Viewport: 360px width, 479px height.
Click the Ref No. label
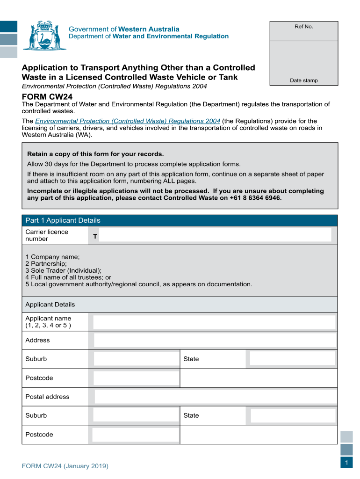coord(303,27)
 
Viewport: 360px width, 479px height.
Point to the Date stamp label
coord(303,80)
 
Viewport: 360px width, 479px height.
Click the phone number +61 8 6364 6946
coord(255,197)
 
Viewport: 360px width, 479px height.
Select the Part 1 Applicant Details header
coord(63,220)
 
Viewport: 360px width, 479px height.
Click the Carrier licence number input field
coord(215,235)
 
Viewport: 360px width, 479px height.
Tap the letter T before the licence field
coord(95,237)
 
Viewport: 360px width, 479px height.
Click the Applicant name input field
coord(214,322)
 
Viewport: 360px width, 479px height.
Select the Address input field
coord(215,340)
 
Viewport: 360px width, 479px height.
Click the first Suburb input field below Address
coord(136,359)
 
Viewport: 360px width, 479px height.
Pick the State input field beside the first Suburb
coord(292,359)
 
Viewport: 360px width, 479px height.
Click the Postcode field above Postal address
coord(136,378)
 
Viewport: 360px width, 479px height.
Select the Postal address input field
coord(215,397)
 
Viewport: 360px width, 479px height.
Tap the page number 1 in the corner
coord(346,463)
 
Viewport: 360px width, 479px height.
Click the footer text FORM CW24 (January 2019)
coord(65,466)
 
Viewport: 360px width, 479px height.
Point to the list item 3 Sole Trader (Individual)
coord(63,270)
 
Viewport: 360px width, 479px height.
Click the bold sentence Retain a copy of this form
coord(95,154)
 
